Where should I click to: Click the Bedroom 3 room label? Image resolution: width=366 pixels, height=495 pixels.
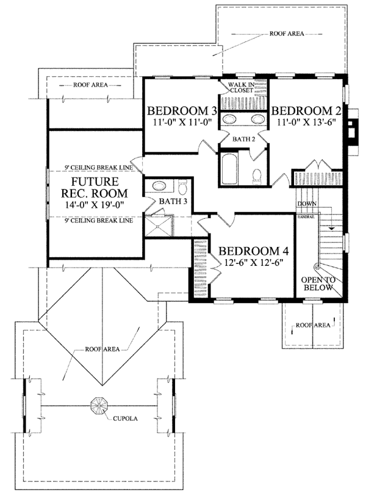pos(182,111)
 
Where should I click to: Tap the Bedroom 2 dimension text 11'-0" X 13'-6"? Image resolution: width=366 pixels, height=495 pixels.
pos(306,122)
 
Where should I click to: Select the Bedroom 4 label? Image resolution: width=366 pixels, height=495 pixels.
pos(254,251)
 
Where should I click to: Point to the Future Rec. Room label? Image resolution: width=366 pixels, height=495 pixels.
pos(95,187)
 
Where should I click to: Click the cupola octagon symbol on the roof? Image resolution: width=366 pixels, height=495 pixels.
pos(99,405)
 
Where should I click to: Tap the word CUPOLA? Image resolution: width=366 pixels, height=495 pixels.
pos(126,419)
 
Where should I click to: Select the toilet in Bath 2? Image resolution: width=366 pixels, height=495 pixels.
pos(257,176)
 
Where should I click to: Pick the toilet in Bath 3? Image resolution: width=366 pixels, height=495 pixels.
pos(183,187)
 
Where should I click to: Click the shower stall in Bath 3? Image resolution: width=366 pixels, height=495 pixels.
pos(159,226)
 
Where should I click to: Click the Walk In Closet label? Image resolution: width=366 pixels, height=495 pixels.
pos(242,87)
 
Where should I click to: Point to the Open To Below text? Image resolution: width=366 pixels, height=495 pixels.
pos(317,283)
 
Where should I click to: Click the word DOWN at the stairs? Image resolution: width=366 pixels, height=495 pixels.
pos(307,204)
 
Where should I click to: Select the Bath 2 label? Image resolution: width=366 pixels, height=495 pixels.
pos(244,139)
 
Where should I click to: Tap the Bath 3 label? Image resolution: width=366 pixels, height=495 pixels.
pos(173,201)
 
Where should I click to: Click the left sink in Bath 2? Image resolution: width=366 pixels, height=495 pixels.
pos(229,119)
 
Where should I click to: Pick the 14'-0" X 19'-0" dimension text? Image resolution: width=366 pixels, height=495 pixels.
pos(94,205)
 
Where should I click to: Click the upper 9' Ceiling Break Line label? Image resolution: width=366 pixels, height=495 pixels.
pos(99,167)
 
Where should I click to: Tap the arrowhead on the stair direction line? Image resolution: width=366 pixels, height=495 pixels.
pos(331,227)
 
